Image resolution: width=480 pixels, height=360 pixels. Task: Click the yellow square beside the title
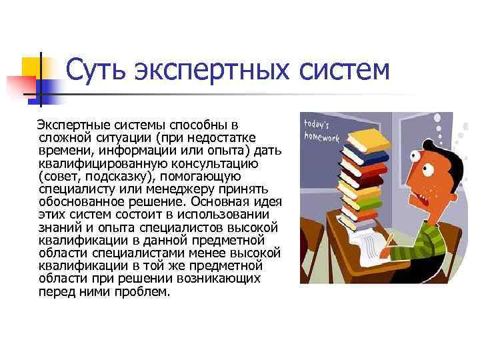coord(33,67)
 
